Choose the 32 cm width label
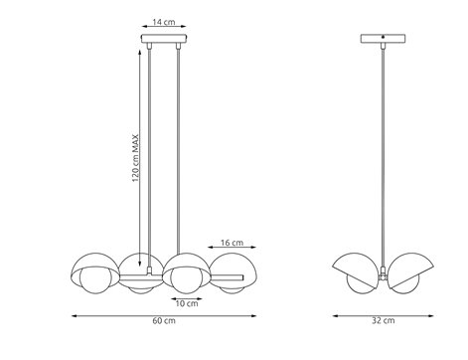tap(384, 320)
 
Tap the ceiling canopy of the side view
tap(385, 42)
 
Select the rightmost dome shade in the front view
tap(230, 271)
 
